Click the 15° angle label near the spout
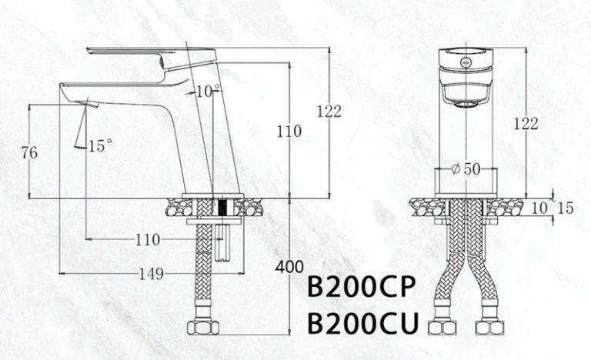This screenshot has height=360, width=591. click(100, 145)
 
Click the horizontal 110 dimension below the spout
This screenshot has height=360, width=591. click(148, 240)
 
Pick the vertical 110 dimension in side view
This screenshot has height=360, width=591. click(289, 131)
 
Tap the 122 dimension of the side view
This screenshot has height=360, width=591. click(329, 112)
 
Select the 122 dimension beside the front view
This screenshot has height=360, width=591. click(526, 123)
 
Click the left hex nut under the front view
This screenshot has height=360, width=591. click(444, 329)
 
